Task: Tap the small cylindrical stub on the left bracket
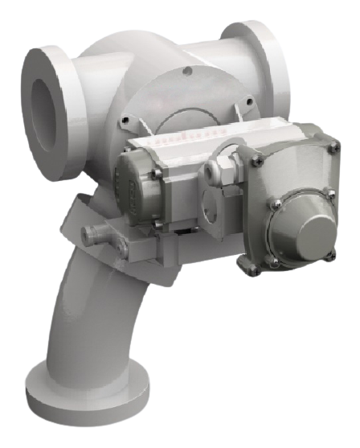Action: tap(94, 234)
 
